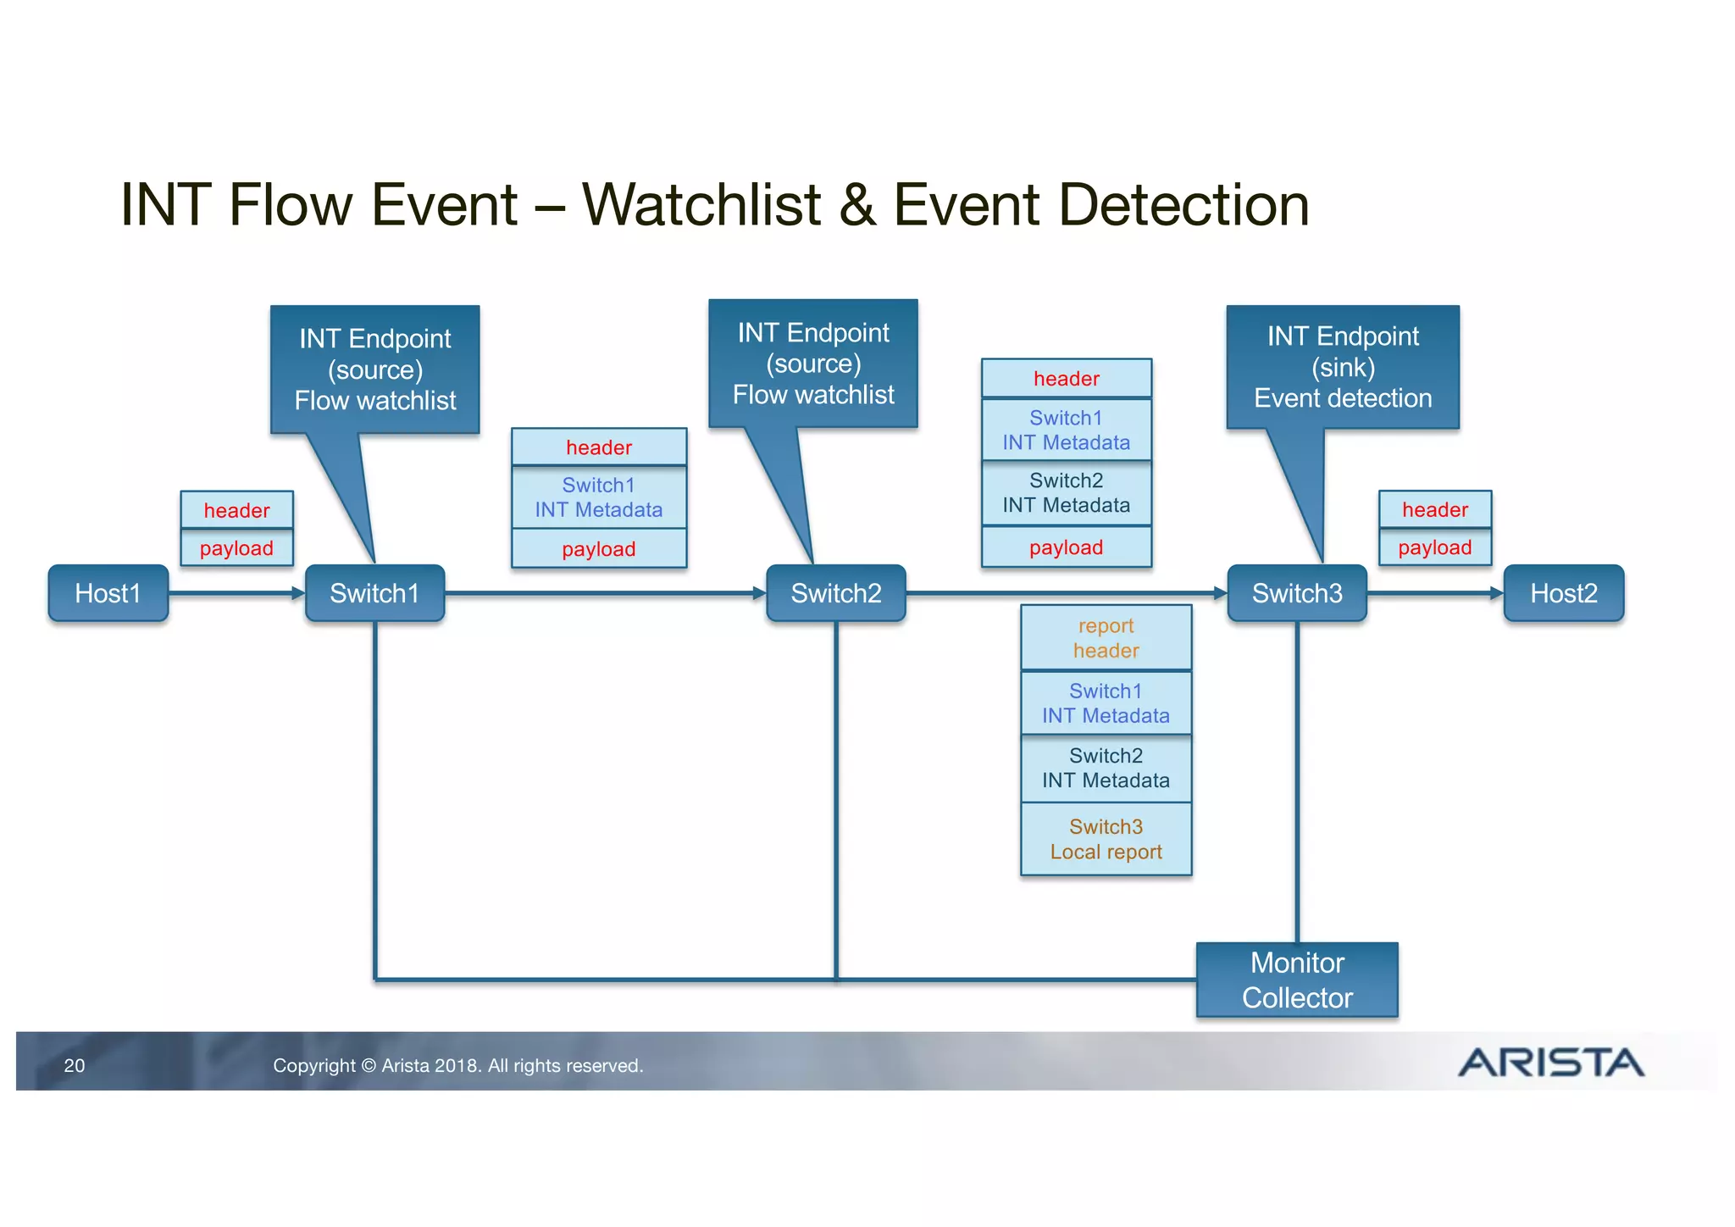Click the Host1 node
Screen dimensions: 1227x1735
pyautogui.click(x=108, y=593)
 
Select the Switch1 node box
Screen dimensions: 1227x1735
pyautogui.click(x=374, y=593)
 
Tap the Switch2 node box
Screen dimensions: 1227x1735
pyautogui.click(x=835, y=593)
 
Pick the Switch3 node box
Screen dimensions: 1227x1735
pyautogui.click(x=1296, y=593)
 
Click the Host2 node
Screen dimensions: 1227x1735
pyautogui.click(x=1563, y=593)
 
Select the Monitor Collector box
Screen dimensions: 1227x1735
pyautogui.click(x=1296, y=980)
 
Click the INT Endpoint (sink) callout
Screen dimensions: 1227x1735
pyautogui.click(x=1342, y=367)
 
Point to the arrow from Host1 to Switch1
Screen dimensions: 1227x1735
pyautogui.click(x=236, y=593)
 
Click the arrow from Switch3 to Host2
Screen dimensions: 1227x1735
pyautogui.click(x=1434, y=593)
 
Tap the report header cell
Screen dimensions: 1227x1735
pyautogui.click(x=1106, y=638)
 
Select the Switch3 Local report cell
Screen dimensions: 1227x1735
pyautogui.click(x=1106, y=839)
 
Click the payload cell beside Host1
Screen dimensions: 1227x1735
pyautogui.click(x=236, y=548)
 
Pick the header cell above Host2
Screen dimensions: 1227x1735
pyautogui.click(x=1434, y=509)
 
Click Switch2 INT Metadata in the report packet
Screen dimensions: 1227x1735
pyautogui.click(x=1106, y=768)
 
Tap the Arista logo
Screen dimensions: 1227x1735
pyautogui.click(x=1549, y=1063)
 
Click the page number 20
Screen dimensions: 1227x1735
pyautogui.click(x=75, y=1065)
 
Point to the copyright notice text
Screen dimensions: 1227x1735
pyautogui.click(x=457, y=1065)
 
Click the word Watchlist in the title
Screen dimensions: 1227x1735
pyautogui.click(x=701, y=205)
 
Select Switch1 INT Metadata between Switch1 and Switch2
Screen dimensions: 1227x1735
pyautogui.click(x=598, y=497)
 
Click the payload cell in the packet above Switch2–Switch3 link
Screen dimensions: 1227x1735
pyautogui.click(x=1066, y=547)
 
